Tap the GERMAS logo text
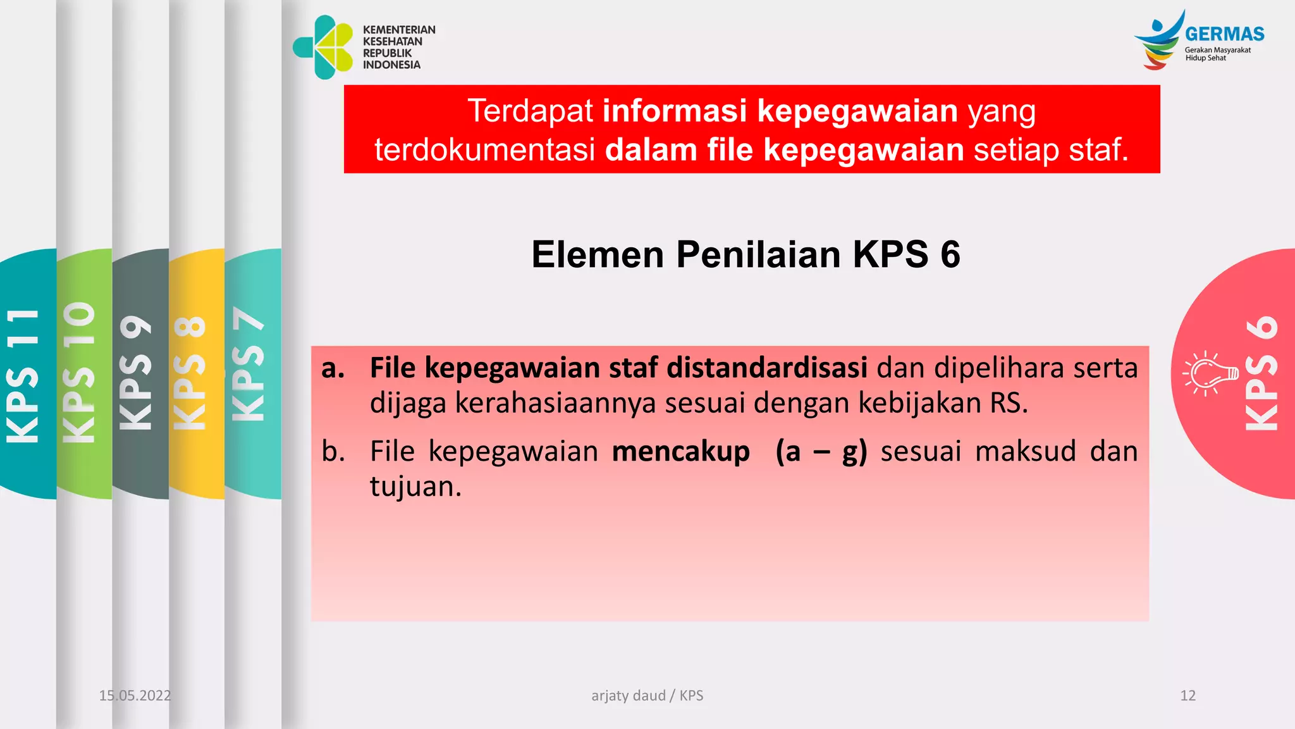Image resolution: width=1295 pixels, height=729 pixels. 1224,34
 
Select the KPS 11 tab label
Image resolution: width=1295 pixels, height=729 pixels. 23,375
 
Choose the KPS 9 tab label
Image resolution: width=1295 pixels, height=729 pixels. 136,373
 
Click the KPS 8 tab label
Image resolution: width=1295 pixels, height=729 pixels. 190,373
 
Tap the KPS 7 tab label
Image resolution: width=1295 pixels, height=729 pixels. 248,364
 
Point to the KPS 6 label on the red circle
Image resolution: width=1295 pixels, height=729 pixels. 1261,374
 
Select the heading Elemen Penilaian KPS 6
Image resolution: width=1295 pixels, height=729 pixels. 746,254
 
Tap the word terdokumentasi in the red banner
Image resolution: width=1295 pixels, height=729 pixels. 484,150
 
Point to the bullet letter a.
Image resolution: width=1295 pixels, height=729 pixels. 333,368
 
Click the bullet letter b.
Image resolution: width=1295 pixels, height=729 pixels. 333,452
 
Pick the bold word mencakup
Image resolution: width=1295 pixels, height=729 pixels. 681,452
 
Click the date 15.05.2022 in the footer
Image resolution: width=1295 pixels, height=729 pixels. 135,695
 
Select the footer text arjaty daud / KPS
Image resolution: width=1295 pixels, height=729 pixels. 647,695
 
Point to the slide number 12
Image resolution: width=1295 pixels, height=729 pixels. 1188,695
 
